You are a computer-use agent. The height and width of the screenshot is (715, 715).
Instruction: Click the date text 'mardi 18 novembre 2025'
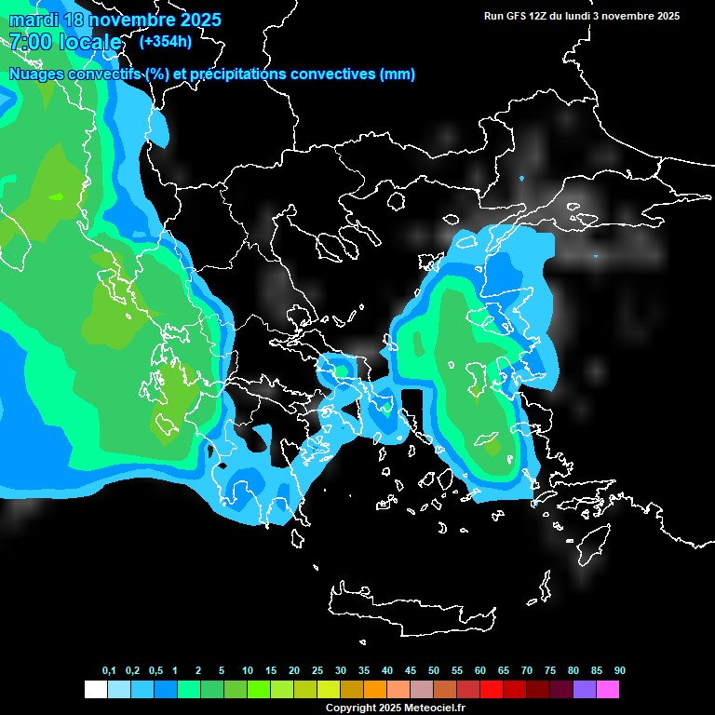click(115, 20)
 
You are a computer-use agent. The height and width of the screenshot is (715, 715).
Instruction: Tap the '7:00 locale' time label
click(65, 42)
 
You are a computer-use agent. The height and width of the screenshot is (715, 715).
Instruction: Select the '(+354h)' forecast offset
click(165, 41)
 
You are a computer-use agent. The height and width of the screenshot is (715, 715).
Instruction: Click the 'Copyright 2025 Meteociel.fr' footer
click(395, 708)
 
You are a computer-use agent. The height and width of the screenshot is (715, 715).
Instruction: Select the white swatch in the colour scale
click(95, 690)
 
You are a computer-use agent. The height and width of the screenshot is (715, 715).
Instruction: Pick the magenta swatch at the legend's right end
click(607, 690)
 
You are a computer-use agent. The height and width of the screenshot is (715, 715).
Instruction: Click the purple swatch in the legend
click(584, 690)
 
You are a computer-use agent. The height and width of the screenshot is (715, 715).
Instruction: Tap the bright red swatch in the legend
click(491, 690)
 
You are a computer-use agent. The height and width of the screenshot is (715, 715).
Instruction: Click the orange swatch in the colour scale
click(374, 690)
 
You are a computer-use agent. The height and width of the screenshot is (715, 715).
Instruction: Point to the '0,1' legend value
click(109, 671)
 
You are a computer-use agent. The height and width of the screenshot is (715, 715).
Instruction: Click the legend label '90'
click(620, 671)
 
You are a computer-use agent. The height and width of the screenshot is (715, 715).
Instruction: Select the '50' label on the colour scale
click(434, 671)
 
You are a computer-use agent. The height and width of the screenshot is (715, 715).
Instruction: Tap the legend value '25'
click(317, 671)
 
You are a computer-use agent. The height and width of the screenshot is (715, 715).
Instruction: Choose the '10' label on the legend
click(248, 671)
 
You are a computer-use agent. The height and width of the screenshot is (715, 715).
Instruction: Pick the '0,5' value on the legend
click(155, 671)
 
